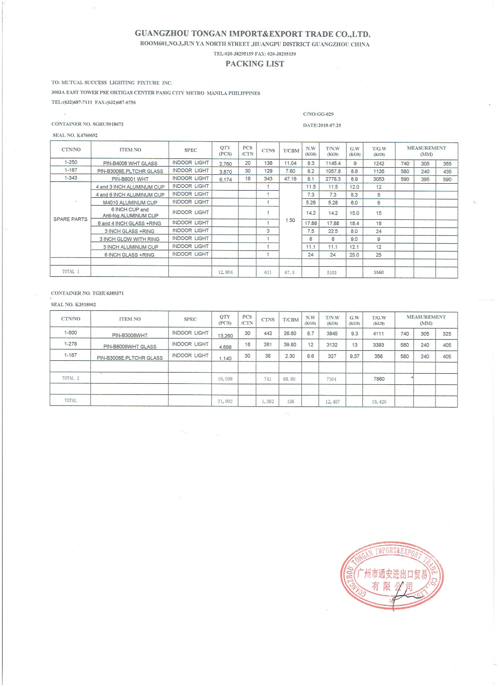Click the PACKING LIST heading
[x=254, y=63]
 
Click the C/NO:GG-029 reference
[x=318, y=114]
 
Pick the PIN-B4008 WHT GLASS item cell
[x=130, y=163]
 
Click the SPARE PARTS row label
[x=70, y=219]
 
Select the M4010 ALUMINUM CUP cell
[x=130, y=203]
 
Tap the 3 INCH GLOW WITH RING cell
[x=129, y=239]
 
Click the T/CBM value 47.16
[x=290, y=179]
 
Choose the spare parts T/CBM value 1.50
[x=290, y=220]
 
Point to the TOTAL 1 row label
[x=70, y=272]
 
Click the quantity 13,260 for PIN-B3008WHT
[x=225, y=336]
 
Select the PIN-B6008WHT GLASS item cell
[x=130, y=346]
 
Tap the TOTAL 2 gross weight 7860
[x=379, y=379]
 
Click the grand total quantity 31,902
[x=225, y=401]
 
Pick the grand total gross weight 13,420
[x=379, y=402]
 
